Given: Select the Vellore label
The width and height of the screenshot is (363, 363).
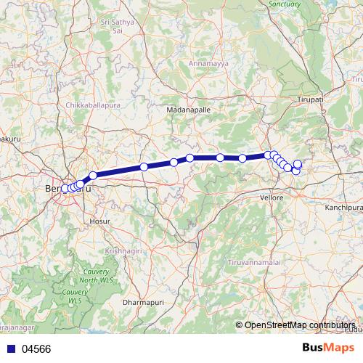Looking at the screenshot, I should pos(272,197).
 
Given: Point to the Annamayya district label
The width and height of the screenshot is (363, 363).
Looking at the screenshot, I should pos(208,63).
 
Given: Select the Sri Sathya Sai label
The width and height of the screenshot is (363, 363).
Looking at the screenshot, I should pos(118,27).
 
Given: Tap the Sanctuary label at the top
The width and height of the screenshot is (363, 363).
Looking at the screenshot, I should pos(285,4).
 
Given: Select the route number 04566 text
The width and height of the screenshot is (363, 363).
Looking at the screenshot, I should pos(36,349).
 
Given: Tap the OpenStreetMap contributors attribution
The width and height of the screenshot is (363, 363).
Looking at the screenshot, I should pos(298,325).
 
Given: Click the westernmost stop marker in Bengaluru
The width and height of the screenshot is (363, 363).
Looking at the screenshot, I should pos(65,189).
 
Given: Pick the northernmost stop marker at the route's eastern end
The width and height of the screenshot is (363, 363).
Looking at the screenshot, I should pos(298,163).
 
